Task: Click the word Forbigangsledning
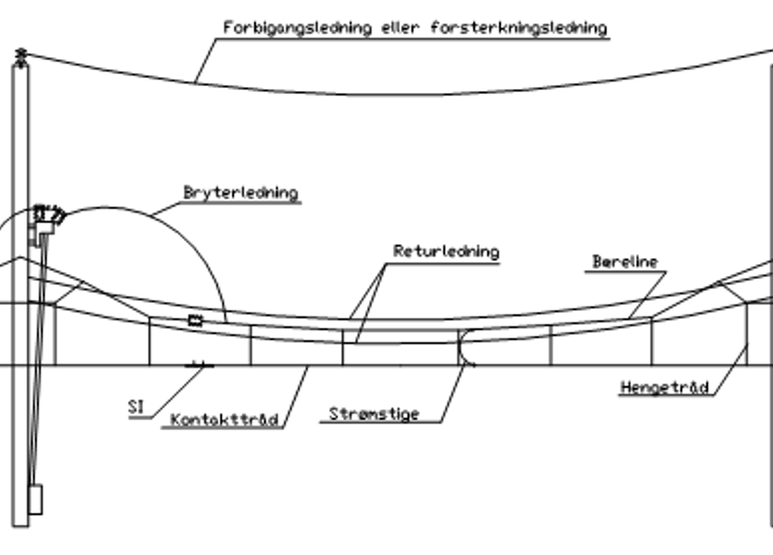tap(298, 28)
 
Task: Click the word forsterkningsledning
tap(519, 28)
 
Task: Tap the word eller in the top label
tap(401, 28)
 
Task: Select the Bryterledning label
tap(241, 193)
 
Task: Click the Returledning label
tap(446, 251)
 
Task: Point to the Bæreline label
tap(625, 262)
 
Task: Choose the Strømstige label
tap(374, 414)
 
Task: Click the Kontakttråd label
tap(224, 420)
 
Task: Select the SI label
tap(136, 407)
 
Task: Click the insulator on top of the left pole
tap(21, 57)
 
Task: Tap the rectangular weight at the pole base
tap(36, 499)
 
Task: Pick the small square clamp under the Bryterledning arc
tap(195, 320)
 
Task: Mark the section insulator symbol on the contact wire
tap(199, 365)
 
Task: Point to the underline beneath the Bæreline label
tap(625, 272)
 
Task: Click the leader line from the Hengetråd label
tap(730, 369)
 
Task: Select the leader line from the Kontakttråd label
tap(295, 397)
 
